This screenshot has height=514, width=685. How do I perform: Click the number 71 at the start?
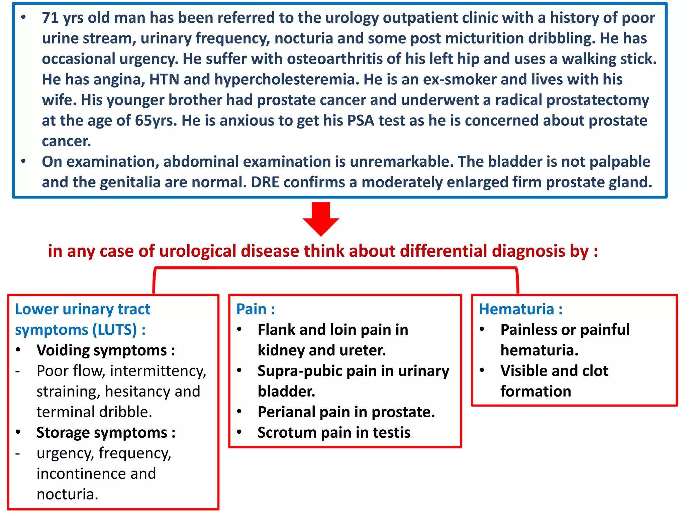50,18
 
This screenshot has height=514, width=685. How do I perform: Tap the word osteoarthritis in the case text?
334,59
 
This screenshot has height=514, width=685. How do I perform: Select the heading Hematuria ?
520,309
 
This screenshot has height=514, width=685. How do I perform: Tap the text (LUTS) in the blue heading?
114,330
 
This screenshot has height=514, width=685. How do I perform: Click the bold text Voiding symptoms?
102,351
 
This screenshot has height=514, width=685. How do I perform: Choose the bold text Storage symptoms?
102,433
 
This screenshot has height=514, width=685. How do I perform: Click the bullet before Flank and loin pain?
239,329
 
